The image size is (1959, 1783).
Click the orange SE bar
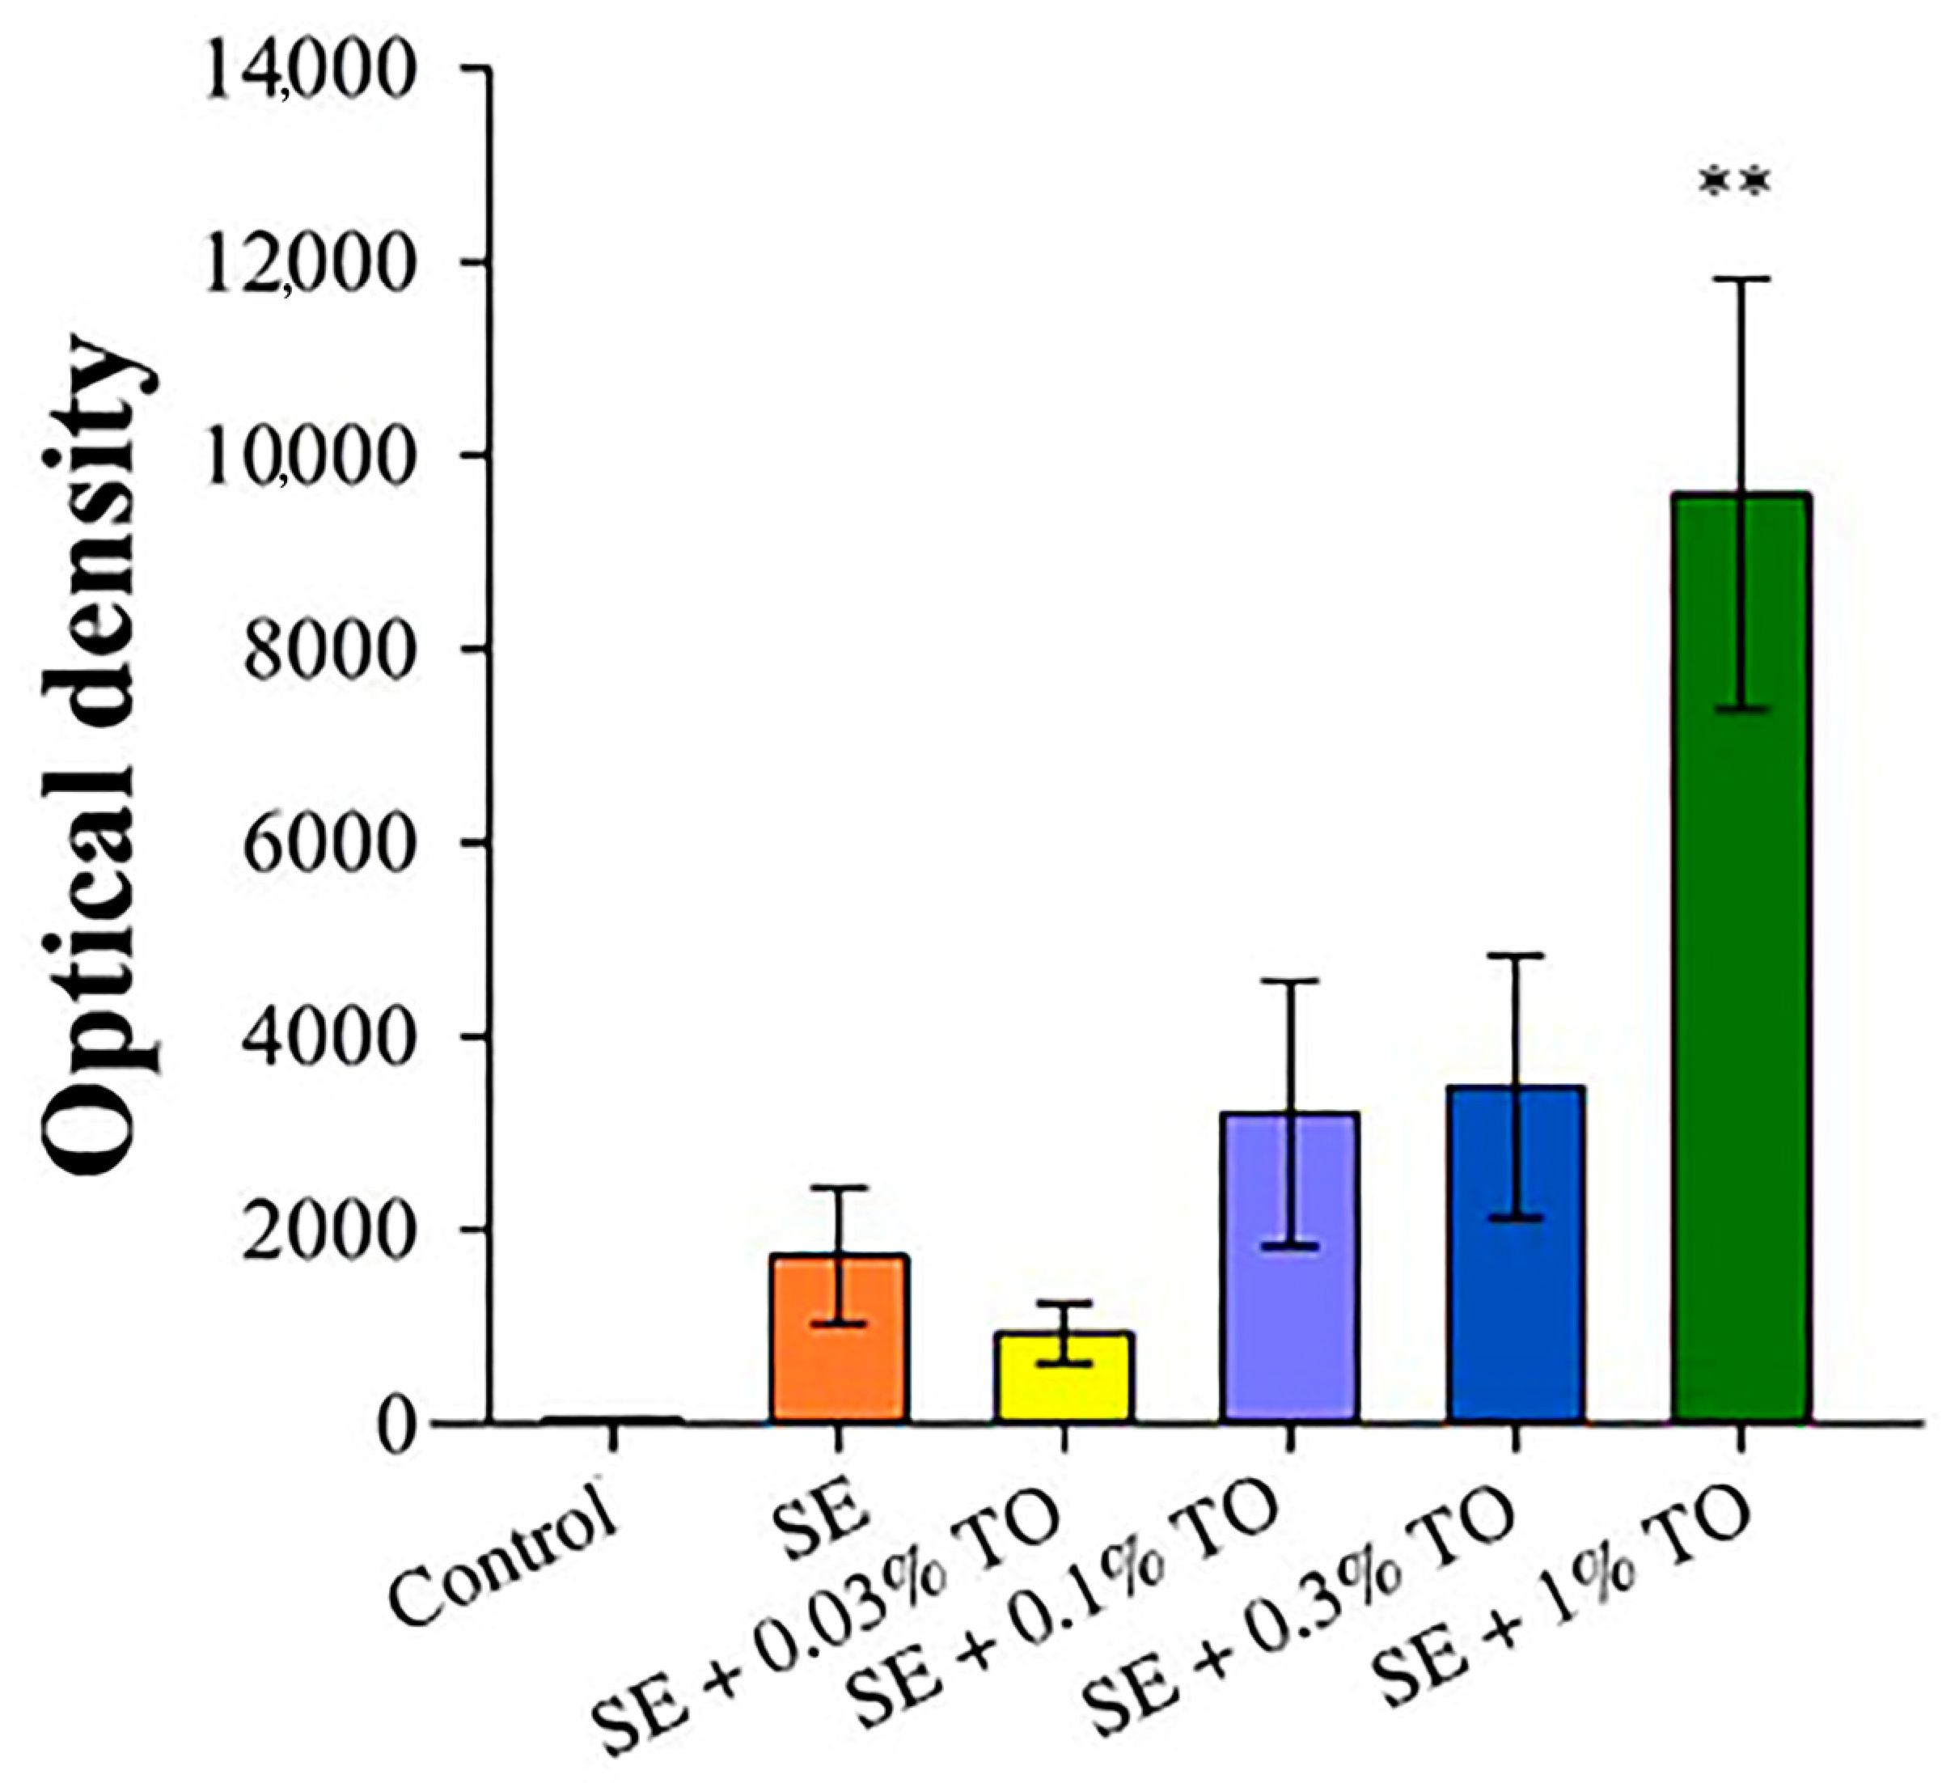[x=840, y=1361]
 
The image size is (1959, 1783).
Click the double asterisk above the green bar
[x=1737, y=184]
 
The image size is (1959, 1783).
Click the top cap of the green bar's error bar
[x=1741, y=280]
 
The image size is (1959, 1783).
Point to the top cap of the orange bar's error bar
[x=840, y=1188]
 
